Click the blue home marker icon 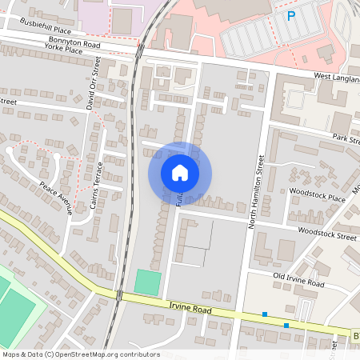[x=180, y=173]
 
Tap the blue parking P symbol [x=291, y=15]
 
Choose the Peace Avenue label [x=56, y=198]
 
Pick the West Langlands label [x=335, y=77]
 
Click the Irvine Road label [x=189, y=307]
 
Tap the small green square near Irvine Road [x=147, y=282]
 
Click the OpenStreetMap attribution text [x=80, y=354]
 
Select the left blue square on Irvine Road [x=264, y=314]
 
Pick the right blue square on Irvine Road [x=286, y=325]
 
